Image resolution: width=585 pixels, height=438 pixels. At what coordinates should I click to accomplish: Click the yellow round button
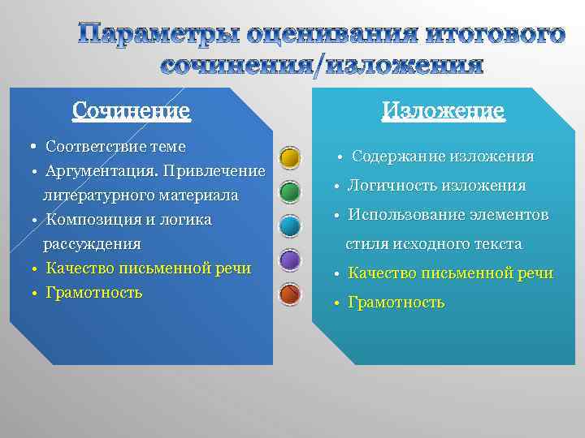pyautogui.click(x=290, y=157)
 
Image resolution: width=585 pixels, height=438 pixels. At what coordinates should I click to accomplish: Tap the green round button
pyautogui.click(x=290, y=191)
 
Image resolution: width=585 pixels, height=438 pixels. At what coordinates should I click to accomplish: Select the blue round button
pyautogui.click(x=290, y=225)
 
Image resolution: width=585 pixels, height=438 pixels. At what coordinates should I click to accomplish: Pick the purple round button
pyautogui.click(x=290, y=260)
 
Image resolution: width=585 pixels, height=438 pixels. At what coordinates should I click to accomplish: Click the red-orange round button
pyautogui.click(x=290, y=294)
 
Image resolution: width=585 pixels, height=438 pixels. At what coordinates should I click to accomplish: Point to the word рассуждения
pyautogui.click(x=92, y=243)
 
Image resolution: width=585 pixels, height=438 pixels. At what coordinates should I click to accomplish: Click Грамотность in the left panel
pyautogui.click(x=94, y=292)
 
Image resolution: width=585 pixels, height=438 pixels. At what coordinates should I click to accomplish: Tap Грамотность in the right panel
pyautogui.click(x=396, y=303)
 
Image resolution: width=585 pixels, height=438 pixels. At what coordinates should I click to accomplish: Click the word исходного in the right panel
pyautogui.click(x=421, y=243)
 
